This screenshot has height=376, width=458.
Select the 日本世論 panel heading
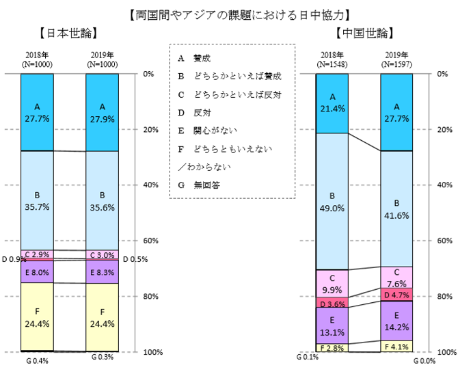[66, 32]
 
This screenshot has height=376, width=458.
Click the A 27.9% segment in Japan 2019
[102, 112]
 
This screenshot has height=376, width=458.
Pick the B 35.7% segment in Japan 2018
[37, 200]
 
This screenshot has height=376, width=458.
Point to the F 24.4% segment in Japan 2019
[102, 317]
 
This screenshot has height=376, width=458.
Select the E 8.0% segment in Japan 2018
[37, 271]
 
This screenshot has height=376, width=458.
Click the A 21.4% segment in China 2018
[332, 103]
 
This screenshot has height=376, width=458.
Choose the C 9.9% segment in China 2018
[332, 283]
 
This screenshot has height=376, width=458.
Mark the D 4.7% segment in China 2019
[396, 295]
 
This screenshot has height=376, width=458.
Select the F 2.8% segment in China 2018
[332, 348]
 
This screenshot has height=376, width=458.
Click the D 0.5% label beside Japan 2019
[137, 259]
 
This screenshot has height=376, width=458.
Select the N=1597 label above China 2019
[396, 64]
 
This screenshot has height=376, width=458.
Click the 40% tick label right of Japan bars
[151, 185]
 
